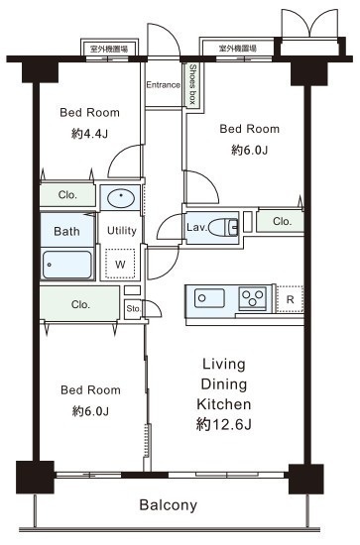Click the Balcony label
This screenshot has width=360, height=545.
click(x=168, y=505)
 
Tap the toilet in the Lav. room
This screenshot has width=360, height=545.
click(x=223, y=227)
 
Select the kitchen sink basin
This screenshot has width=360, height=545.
click(x=209, y=298)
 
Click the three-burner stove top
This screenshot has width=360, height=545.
click(x=253, y=298)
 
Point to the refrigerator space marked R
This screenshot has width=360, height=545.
click(x=290, y=299)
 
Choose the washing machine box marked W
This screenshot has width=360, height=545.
click(x=120, y=264)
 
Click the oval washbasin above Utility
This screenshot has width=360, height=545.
click(x=121, y=198)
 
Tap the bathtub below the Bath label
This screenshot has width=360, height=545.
click(x=67, y=265)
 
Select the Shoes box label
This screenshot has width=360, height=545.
click(x=192, y=84)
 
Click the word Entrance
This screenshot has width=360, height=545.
click(x=163, y=85)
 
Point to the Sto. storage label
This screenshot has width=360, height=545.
click(x=133, y=308)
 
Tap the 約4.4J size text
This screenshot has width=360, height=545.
click(x=89, y=134)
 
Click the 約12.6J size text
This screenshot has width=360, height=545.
click(x=224, y=424)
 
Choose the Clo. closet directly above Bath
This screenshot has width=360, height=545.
click(x=67, y=194)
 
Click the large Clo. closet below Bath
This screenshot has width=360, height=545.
click(x=79, y=304)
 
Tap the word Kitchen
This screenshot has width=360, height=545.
click(x=224, y=404)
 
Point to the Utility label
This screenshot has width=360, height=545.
click(x=121, y=231)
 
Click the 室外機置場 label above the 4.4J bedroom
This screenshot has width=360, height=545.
click(x=109, y=49)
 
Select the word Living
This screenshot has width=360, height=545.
click(x=224, y=365)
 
